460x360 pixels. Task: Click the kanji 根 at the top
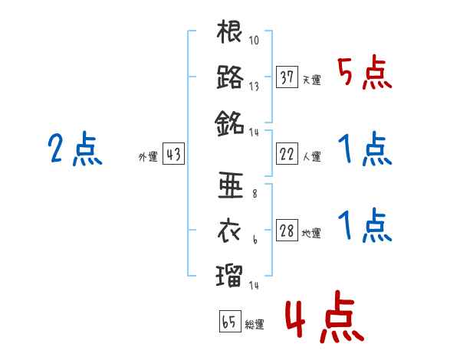230,34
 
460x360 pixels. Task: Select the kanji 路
230,77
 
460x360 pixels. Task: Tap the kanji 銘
230,121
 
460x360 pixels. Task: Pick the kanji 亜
230,186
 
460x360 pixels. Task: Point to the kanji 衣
230,231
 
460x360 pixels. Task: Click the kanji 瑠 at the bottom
230,274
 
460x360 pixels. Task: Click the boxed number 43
172,155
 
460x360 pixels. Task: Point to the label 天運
312,80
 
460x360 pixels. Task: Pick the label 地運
312,233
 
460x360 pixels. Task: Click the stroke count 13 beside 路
254,87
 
